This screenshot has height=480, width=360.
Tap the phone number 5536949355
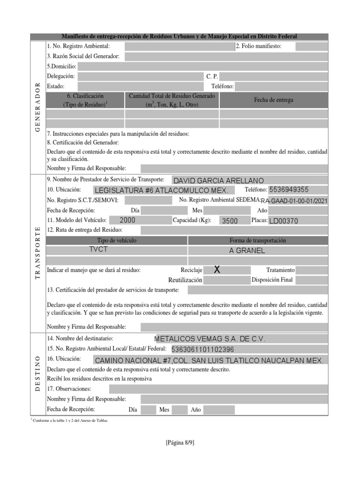tap(289, 190)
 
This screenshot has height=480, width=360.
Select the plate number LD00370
tap(284, 221)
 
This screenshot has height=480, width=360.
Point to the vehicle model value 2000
tap(127, 220)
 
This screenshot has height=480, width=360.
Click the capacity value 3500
tap(230, 221)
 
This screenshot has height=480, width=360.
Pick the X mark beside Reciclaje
tap(217, 270)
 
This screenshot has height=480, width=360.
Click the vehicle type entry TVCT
tap(98, 249)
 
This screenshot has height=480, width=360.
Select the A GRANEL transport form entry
tap(247, 250)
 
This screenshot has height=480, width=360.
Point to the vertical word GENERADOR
tap(38, 108)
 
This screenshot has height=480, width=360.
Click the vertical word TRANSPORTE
tap(38, 253)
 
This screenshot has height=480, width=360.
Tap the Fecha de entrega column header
tap(273, 100)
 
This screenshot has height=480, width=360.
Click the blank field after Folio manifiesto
tap(311, 46)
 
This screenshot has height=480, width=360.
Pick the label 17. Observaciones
tap(69, 389)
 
